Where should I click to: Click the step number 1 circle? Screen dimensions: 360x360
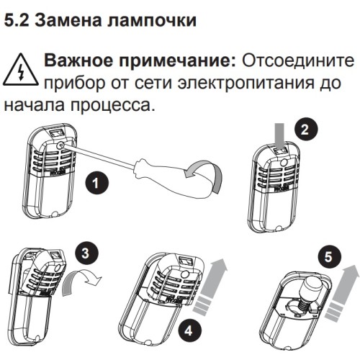[x=96, y=184]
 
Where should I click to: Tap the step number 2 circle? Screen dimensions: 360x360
[x=305, y=130]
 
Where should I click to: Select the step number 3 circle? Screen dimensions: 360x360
[x=86, y=253]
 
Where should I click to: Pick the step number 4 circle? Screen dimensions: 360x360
[x=189, y=331]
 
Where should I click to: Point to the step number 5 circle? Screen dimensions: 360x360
[x=328, y=258]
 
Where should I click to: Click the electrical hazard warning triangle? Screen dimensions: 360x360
[x=21, y=70]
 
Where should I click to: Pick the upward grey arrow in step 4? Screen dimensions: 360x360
[x=211, y=287]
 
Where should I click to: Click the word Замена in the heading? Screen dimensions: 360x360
[x=68, y=20]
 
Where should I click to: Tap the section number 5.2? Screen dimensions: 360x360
[x=17, y=20]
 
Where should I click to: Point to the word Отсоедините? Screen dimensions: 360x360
[x=297, y=60]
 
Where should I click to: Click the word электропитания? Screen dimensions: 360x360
[x=246, y=84]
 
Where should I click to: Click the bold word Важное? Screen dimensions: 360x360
[x=78, y=60]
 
